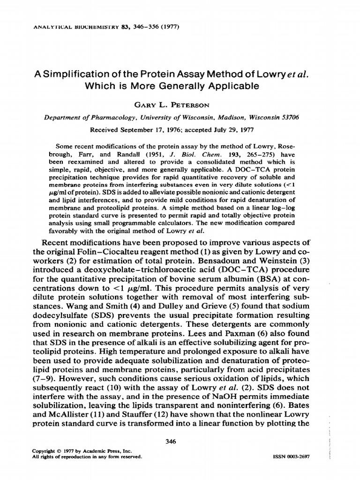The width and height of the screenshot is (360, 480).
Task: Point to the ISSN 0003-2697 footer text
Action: click(x=291, y=456)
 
